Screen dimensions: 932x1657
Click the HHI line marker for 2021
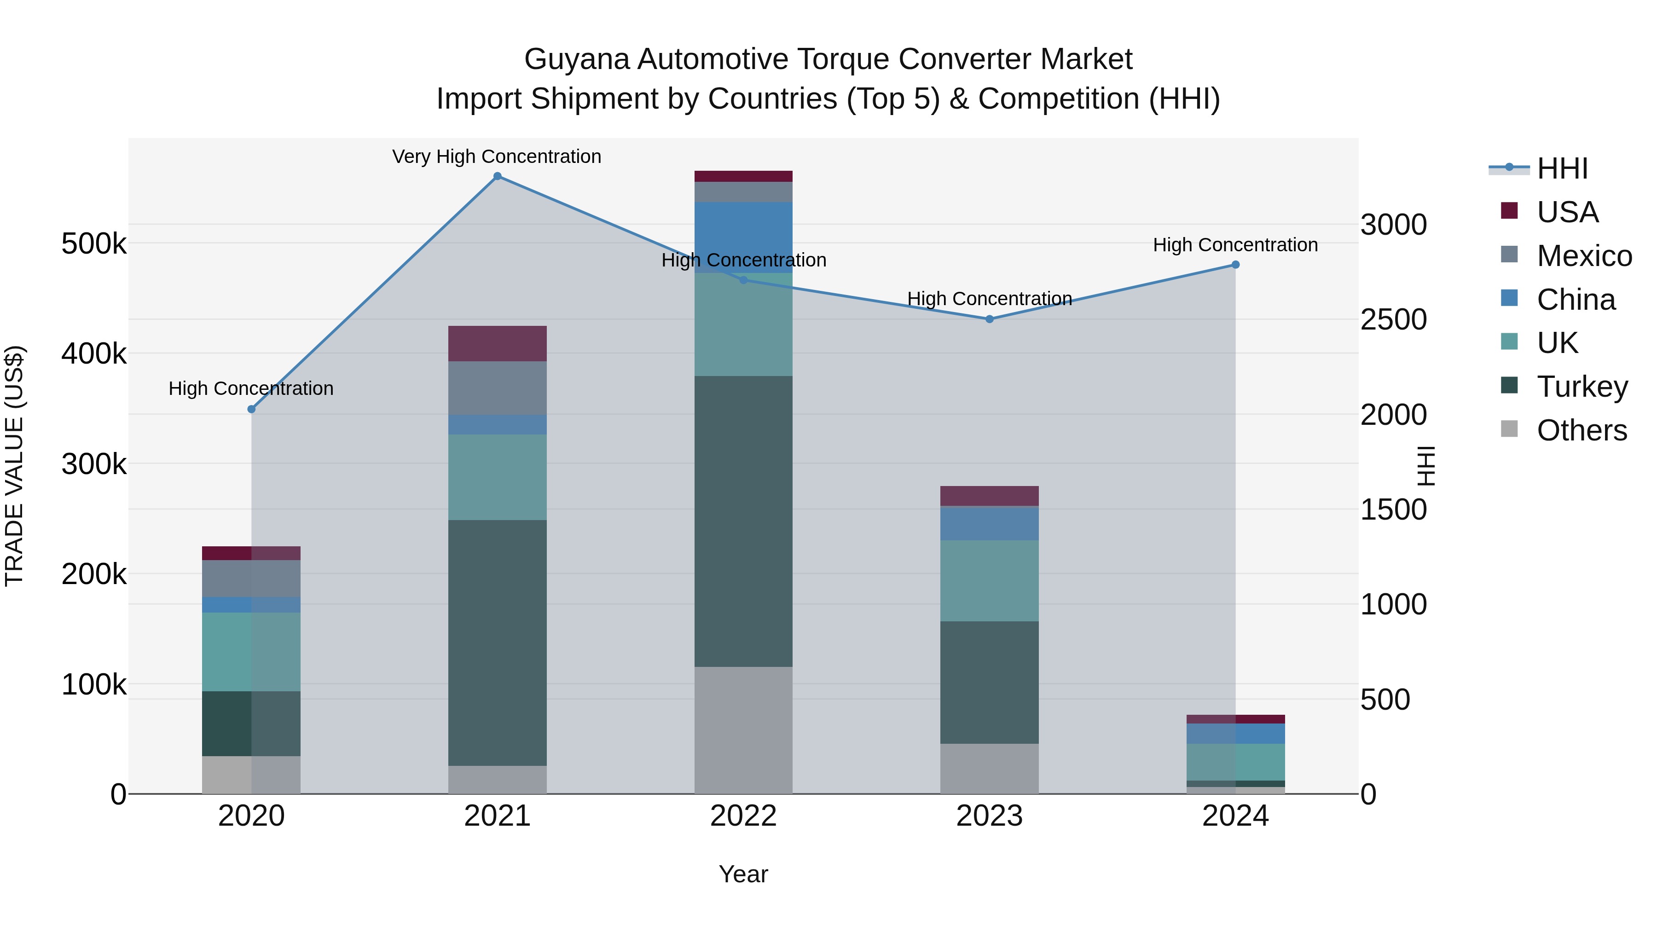(x=497, y=176)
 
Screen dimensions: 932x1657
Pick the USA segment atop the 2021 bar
(x=497, y=343)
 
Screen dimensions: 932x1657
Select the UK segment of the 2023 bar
(x=989, y=580)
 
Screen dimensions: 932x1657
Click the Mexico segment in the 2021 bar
(x=497, y=388)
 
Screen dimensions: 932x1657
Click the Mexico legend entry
(x=1584, y=256)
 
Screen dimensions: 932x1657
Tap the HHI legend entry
(x=1562, y=168)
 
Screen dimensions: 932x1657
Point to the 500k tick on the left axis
(x=94, y=244)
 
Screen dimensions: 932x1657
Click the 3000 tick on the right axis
(x=1393, y=225)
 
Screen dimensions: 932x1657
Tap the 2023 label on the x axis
(x=989, y=816)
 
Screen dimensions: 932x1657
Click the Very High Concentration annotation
(x=497, y=156)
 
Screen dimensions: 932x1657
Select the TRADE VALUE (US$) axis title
(x=14, y=466)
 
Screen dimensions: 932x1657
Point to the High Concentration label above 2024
(x=1235, y=245)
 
